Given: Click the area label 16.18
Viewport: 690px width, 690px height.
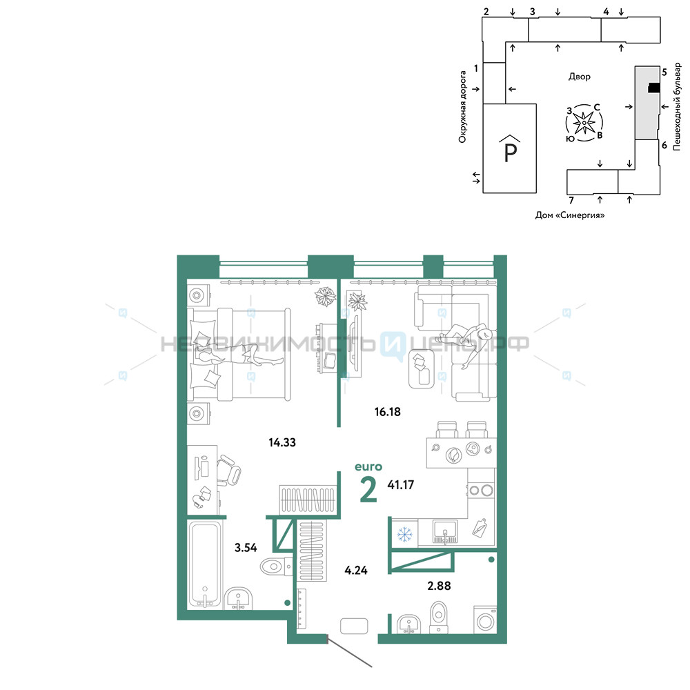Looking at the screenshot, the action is tap(387, 412).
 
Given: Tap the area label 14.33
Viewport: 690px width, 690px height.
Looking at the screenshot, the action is tap(282, 442).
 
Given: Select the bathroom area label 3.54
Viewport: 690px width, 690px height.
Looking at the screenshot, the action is tap(246, 547).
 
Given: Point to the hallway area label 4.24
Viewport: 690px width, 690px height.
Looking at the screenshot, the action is tap(355, 571).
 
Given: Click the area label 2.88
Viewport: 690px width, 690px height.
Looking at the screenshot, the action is tap(439, 586).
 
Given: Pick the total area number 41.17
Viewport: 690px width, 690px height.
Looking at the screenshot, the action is tap(400, 485).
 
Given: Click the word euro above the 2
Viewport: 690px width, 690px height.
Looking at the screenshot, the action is tap(368, 466).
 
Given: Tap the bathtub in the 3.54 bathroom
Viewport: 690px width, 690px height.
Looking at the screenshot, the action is tap(205, 564).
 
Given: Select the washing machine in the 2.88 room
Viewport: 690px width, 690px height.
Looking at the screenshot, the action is tap(485, 620).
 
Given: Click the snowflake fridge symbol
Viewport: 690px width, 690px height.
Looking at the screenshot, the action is tap(404, 534).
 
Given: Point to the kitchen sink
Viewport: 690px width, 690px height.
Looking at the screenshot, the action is tap(445, 531).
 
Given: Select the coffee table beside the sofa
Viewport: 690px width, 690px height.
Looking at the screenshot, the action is tap(422, 368).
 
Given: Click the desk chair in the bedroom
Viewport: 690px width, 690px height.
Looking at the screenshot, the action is tap(228, 471).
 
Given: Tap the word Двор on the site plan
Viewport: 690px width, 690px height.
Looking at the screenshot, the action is tap(579, 77).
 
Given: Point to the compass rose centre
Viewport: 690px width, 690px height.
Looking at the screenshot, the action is tap(584, 123).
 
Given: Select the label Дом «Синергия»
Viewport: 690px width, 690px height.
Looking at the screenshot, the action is tap(570, 215).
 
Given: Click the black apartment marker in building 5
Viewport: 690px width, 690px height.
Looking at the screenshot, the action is tap(654, 88).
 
